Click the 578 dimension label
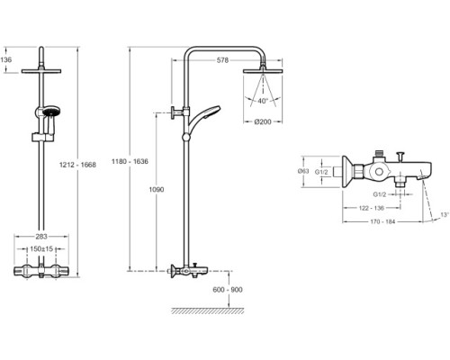(x=222, y=60)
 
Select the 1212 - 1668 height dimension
(x=77, y=165)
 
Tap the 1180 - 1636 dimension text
(x=130, y=161)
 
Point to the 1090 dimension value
(x=157, y=190)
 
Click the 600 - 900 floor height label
(x=228, y=290)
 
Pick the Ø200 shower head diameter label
(x=263, y=121)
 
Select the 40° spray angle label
(x=263, y=101)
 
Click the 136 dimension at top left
(x=6, y=59)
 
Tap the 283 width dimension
(x=41, y=237)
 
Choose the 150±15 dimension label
(x=41, y=249)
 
